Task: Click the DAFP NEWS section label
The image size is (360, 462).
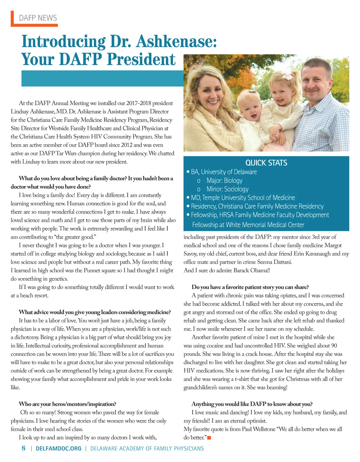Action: [x=38, y=18]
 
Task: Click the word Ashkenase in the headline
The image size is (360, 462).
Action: [x=176, y=41]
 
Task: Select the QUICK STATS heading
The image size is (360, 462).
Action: [x=266, y=163]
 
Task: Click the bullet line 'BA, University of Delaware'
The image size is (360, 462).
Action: [x=224, y=172]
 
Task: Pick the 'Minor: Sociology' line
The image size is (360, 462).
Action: [x=227, y=189]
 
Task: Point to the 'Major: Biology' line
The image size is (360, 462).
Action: [x=224, y=180]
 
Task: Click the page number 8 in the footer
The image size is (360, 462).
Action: [x=24, y=448]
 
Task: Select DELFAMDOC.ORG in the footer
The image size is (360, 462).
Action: [x=58, y=449]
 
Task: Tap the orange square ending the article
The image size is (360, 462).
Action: [x=209, y=437]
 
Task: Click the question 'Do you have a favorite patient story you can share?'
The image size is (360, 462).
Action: [x=250, y=287]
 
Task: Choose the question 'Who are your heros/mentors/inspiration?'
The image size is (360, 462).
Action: [x=67, y=404]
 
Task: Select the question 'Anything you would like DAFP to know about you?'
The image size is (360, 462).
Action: [x=252, y=404]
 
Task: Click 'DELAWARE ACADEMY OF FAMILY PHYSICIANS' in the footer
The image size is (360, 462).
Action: [x=147, y=449]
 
